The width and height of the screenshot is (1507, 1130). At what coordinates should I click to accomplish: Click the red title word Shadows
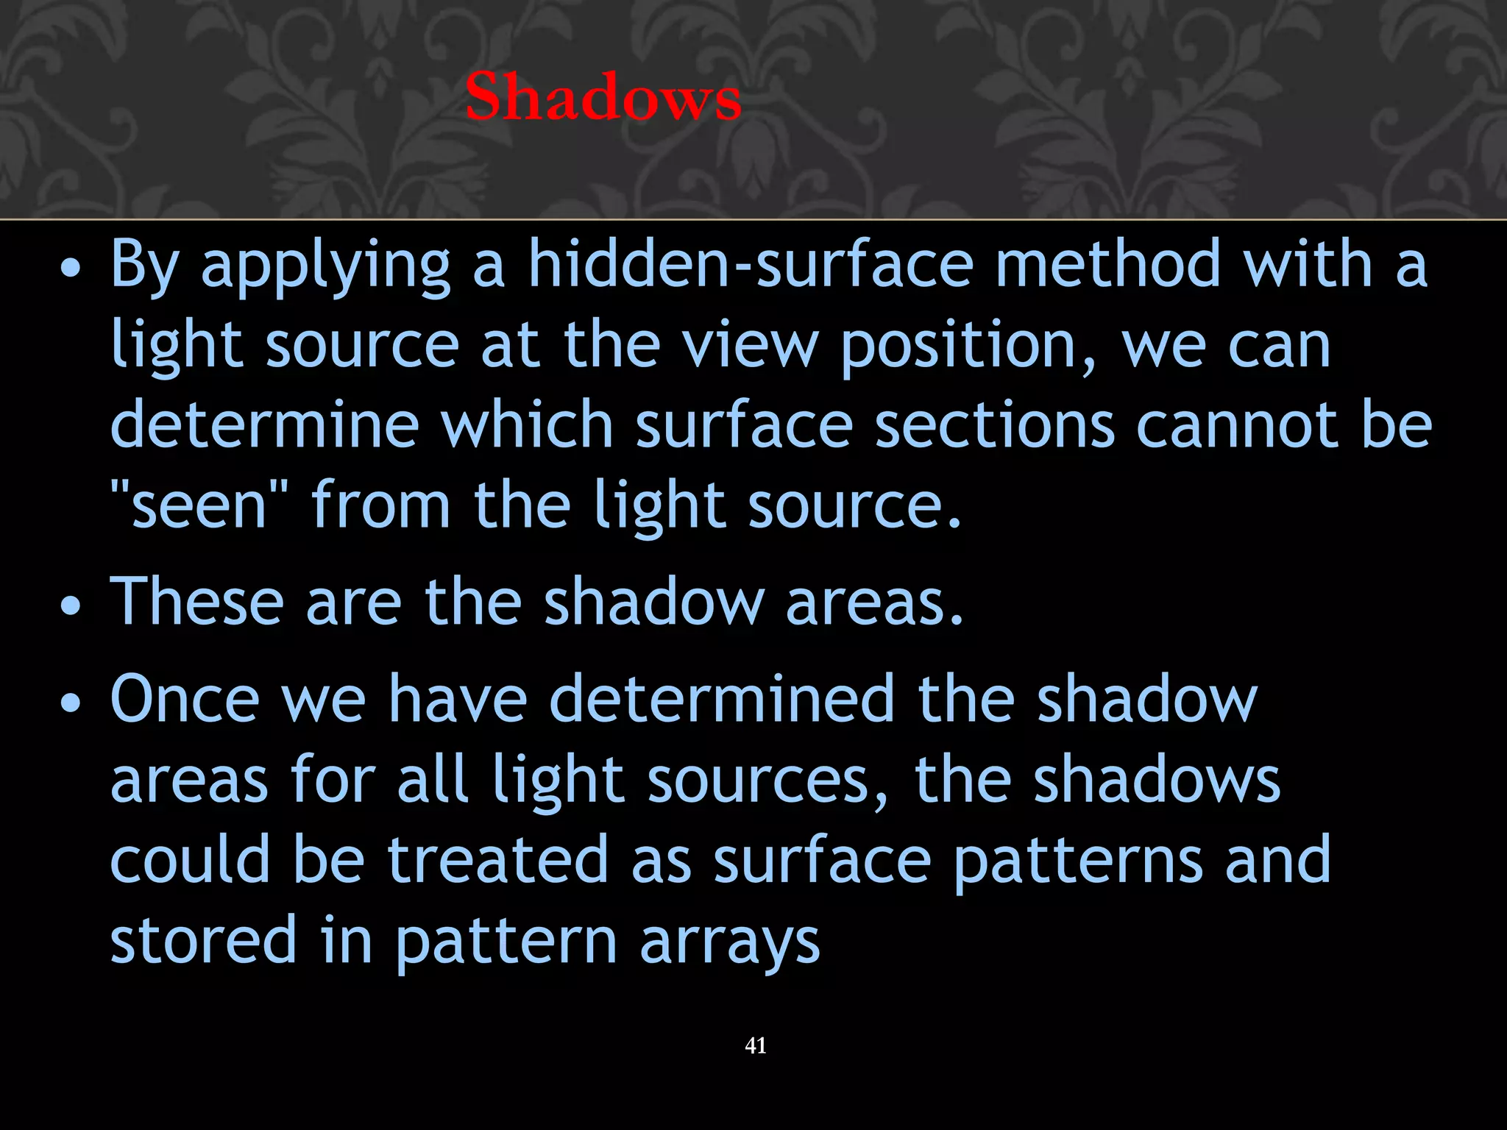click(603, 97)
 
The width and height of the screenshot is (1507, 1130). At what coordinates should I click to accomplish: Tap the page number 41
click(756, 1045)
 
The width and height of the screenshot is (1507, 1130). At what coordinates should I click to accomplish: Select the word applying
click(326, 266)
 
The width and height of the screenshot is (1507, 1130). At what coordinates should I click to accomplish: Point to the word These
click(197, 602)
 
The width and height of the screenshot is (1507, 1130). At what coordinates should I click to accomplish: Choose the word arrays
click(729, 943)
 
